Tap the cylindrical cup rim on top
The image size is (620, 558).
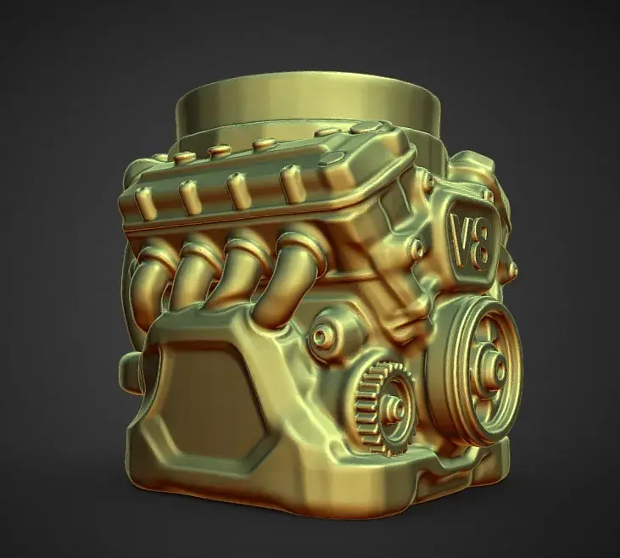coord(308,99)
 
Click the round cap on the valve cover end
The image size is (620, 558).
coord(332,159)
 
